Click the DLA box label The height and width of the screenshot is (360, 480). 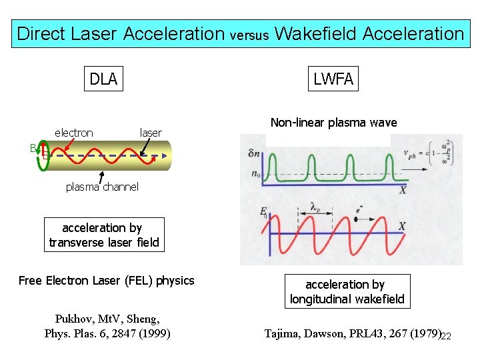point(104,79)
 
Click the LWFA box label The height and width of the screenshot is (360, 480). point(333,79)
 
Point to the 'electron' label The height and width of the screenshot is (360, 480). point(74,133)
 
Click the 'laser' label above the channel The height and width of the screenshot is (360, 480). point(151,133)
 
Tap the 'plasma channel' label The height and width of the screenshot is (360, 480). point(102,187)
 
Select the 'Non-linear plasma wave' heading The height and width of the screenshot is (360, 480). point(333,123)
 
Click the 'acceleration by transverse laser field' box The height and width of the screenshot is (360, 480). point(104,235)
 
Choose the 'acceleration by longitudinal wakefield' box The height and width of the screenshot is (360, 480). point(347,292)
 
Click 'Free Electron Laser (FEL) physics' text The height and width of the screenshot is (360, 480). point(107,281)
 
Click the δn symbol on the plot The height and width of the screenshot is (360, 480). point(254,153)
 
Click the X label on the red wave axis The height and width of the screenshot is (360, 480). point(402,227)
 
